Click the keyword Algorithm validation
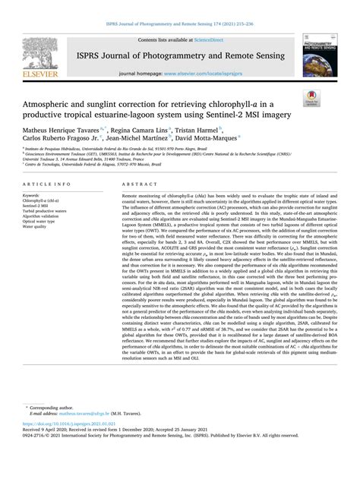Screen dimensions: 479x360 (49, 218)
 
